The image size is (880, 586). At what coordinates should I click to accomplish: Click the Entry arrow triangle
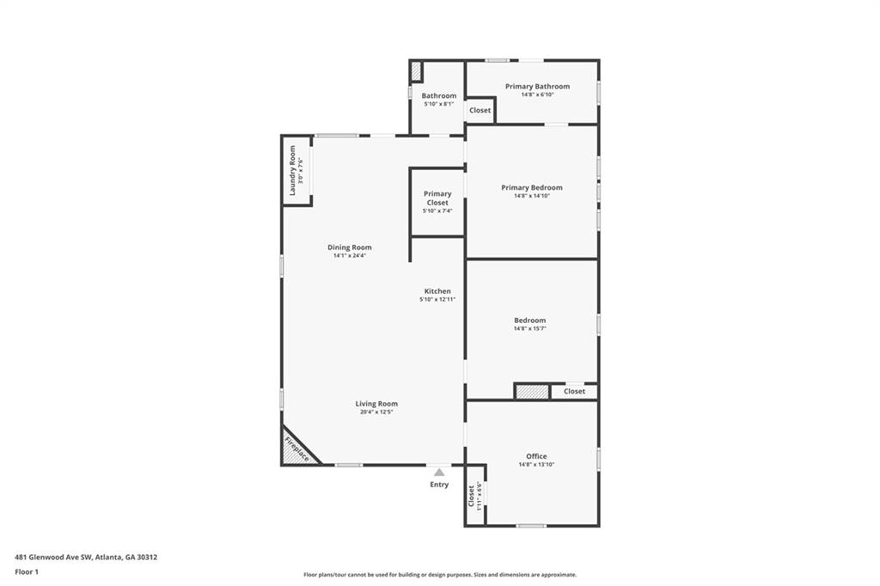439,472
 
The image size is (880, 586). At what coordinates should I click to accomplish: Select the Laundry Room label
292,170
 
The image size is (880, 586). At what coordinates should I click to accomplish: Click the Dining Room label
349,247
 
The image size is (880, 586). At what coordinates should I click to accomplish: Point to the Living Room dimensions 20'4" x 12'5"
376,412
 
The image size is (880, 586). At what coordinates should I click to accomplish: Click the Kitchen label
437,291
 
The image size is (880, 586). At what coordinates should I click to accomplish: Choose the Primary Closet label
437,198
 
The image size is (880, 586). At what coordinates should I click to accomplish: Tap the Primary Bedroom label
532,187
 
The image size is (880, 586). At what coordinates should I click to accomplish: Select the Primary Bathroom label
537,86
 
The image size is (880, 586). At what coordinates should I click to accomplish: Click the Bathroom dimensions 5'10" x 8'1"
438,104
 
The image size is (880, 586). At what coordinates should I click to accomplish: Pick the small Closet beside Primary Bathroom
480,110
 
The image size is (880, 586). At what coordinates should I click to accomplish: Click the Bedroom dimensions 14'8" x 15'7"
529,328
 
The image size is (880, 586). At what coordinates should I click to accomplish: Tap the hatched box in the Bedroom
532,392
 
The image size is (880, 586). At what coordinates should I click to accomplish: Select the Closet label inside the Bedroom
574,392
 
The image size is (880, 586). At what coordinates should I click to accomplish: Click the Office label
536,456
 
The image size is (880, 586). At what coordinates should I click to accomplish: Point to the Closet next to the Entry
474,496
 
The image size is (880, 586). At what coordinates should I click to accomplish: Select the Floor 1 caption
27,571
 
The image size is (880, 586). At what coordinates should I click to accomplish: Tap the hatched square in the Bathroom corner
416,71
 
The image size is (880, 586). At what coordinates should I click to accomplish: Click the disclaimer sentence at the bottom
439,575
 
